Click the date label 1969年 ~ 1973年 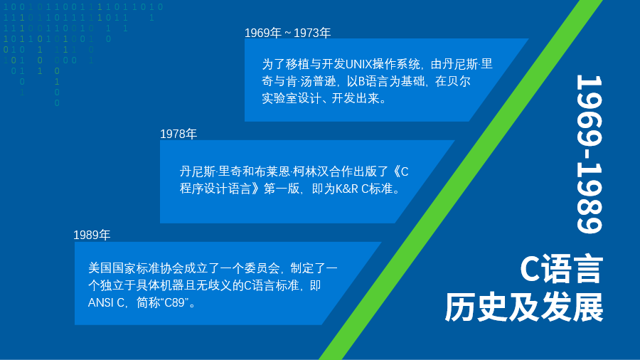point(287,33)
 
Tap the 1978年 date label point(178,134)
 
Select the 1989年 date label point(92,235)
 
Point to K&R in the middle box point(347,189)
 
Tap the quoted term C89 point(174,302)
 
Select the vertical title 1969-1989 point(590,154)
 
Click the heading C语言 point(561,270)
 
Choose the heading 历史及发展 point(523,307)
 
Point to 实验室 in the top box point(279,98)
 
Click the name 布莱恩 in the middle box point(272,172)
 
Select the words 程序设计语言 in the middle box point(215,189)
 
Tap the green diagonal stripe point(460,179)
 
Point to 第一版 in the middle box point(282,189)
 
